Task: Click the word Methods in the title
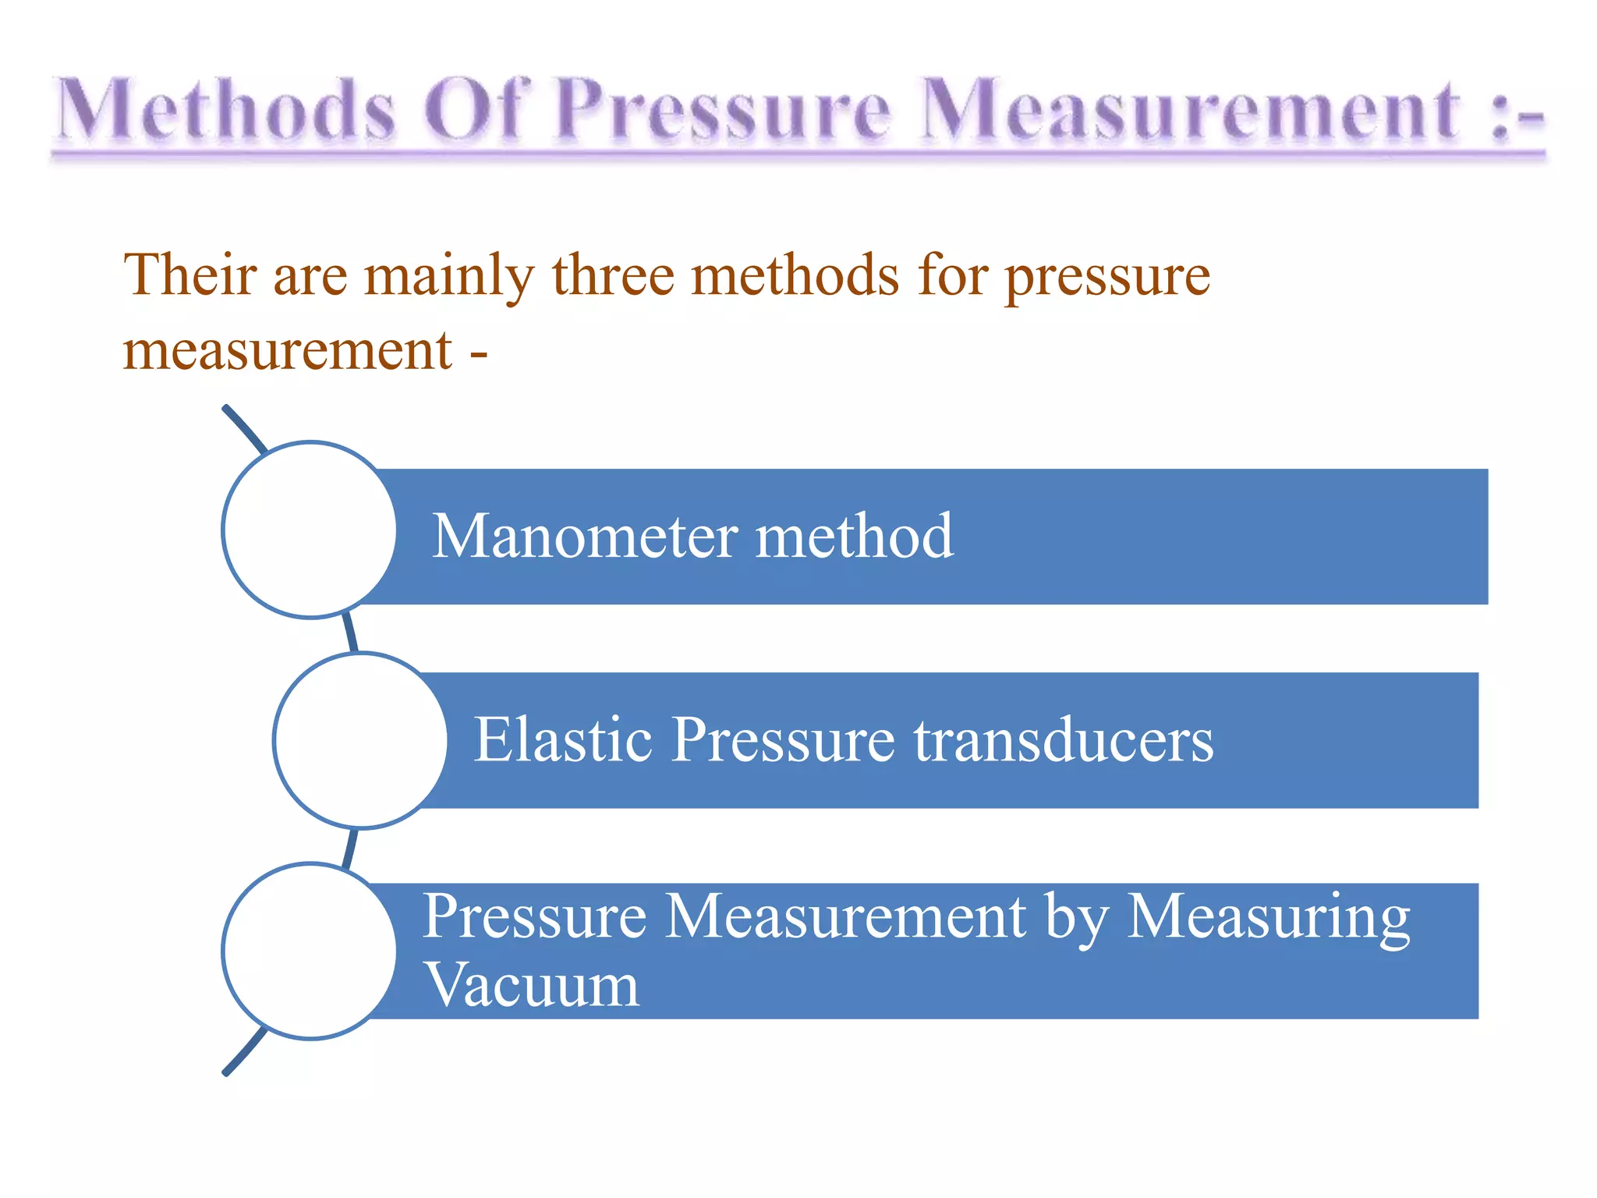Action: click(x=226, y=111)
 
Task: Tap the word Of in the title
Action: click(x=474, y=111)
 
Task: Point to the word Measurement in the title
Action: click(x=1189, y=111)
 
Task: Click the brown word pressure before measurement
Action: click(x=1107, y=278)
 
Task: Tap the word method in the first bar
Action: click(x=855, y=537)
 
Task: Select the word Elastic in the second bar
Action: click(x=563, y=739)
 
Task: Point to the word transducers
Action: click(x=1064, y=739)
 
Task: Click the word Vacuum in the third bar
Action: click(x=531, y=984)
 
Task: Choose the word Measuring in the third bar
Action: click(x=1269, y=917)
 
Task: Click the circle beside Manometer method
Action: click(x=310, y=530)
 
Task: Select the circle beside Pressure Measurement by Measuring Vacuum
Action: click(x=310, y=951)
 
